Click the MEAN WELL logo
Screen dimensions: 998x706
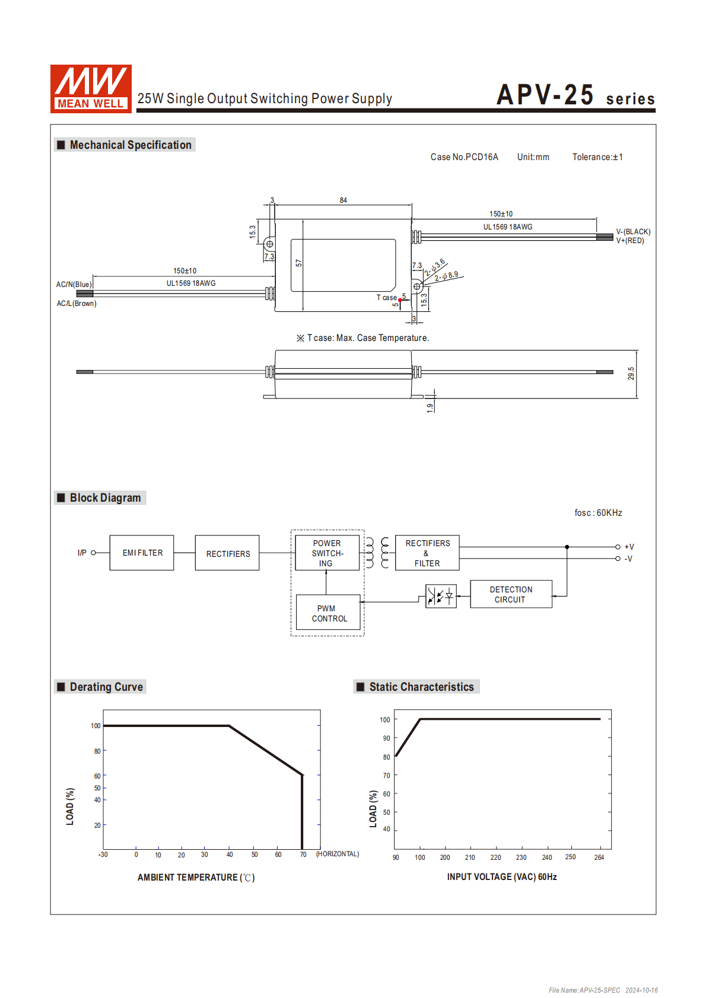coord(91,88)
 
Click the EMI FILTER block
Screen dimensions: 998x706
coord(142,553)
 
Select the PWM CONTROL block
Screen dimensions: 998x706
coord(328,613)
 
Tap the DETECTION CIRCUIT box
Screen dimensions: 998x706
coord(511,594)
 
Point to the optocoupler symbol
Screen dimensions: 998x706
coord(441,595)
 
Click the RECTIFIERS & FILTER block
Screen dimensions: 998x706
coord(427,553)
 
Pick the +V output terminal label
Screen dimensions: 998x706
coord(629,547)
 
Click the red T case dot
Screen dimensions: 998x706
coord(400,300)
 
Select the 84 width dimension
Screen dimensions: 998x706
coord(344,200)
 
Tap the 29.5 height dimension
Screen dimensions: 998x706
coord(631,374)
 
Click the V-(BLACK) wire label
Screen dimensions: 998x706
coord(633,232)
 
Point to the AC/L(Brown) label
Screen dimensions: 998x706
coord(77,304)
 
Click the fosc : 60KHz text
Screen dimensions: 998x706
coord(598,513)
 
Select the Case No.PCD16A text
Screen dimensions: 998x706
coord(464,157)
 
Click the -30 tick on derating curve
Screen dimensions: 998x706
coord(103,854)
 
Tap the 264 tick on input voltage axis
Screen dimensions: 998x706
coord(599,857)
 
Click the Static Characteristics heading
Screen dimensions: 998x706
coord(421,687)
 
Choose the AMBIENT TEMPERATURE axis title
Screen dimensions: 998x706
coord(196,877)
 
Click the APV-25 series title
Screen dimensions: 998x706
coord(575,95)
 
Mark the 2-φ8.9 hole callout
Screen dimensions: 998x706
coord(446,276)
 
